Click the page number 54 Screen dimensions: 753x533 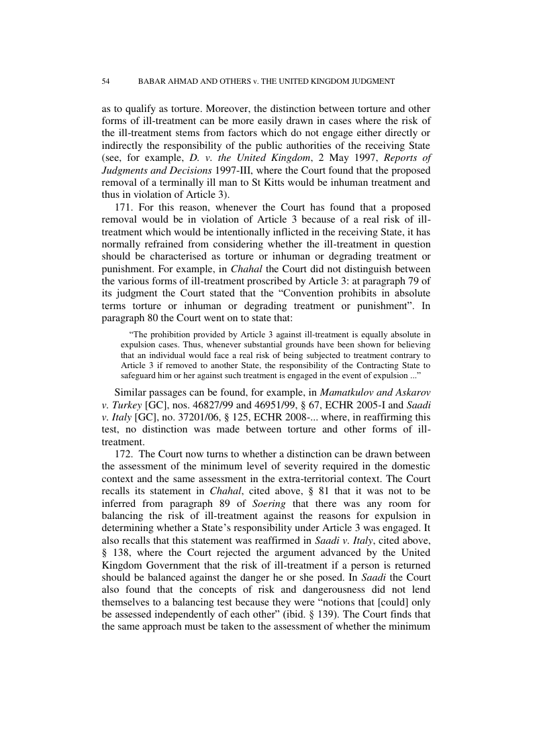105,81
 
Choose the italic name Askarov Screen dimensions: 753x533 410,391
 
